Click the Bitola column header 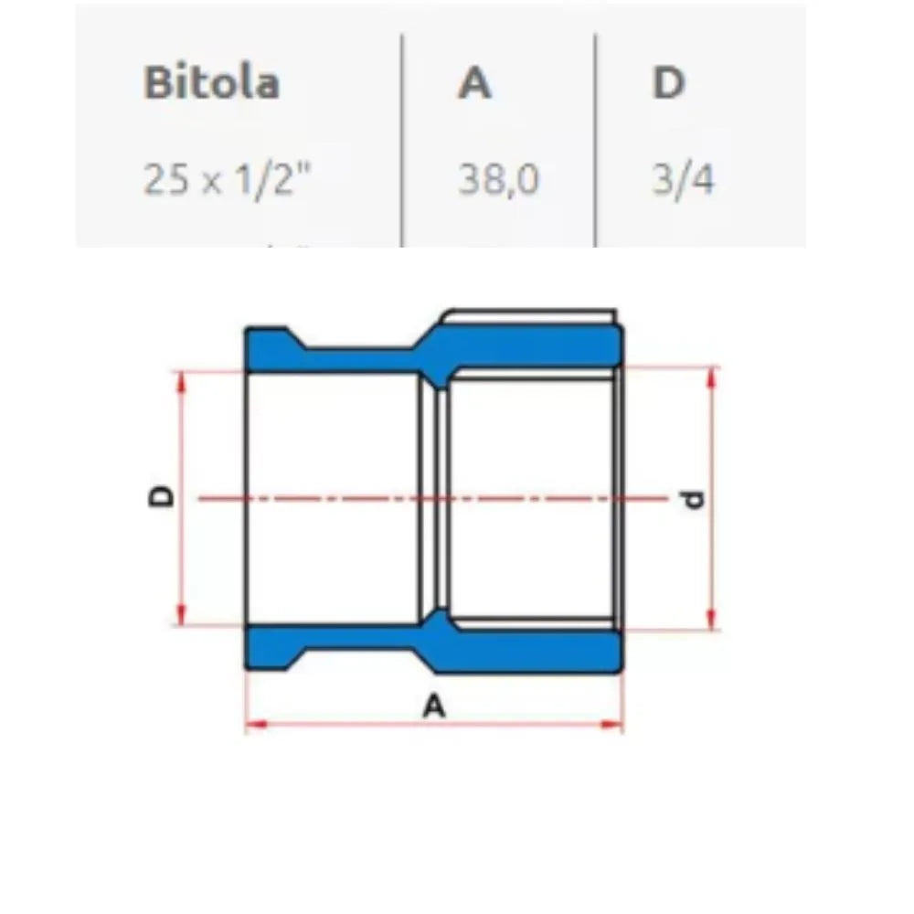211,82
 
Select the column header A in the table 474,82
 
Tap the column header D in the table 669,82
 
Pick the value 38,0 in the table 498,180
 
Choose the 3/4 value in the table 683,180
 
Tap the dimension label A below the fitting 436,706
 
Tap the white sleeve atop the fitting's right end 530,317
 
